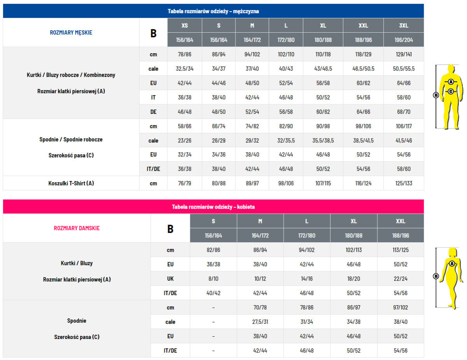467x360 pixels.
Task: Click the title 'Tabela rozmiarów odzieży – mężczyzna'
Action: [213, 11]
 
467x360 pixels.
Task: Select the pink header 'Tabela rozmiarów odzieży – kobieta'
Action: [213, 207]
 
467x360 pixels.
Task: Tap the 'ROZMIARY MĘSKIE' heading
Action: [71, 33]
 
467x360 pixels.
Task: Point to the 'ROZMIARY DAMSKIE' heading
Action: [77, 228]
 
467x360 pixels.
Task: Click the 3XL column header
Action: [404, 26]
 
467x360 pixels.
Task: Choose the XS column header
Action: [184, 26]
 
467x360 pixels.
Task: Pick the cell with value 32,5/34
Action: [184, 69]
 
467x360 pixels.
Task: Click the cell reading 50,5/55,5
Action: [404, 69]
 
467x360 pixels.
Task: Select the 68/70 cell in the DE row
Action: [404, 112]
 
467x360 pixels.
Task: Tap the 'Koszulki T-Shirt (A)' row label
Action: [71, 183]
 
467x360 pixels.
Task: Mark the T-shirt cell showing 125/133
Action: [404, 183]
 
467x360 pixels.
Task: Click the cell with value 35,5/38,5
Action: [323, 141]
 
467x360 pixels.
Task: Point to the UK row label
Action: [170, 279]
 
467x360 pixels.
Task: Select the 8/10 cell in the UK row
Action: [213, 279]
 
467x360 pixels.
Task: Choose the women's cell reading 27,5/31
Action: [260, 322]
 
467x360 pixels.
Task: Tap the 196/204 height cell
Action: [404, 40]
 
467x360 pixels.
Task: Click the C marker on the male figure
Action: [451, 92]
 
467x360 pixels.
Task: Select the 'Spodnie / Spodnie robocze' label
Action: [71, 139]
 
